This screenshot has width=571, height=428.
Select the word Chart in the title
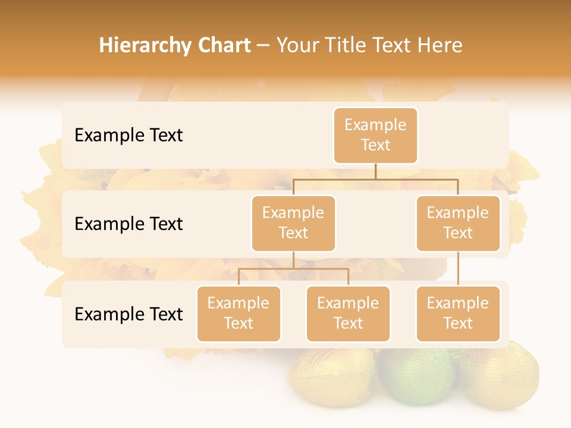click(224, 45)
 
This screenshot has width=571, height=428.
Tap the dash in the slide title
click(263, 46)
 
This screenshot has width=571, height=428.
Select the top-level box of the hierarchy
click(375, 135)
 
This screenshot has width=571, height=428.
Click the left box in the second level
click(293, 223)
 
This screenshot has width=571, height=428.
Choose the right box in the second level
click(458, 223)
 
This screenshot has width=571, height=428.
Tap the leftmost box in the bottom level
click(239, 313)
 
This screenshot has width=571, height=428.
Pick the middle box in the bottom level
click(348, 313)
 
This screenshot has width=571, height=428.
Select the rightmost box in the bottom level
click(458, 313)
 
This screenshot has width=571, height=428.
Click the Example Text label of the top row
click(128, 136)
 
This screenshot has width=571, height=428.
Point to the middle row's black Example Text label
click(128, 224)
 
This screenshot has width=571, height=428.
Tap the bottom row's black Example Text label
click(128, 314)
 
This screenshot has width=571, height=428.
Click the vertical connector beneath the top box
click(375, 171)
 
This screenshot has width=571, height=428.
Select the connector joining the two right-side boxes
click(458, 269)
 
